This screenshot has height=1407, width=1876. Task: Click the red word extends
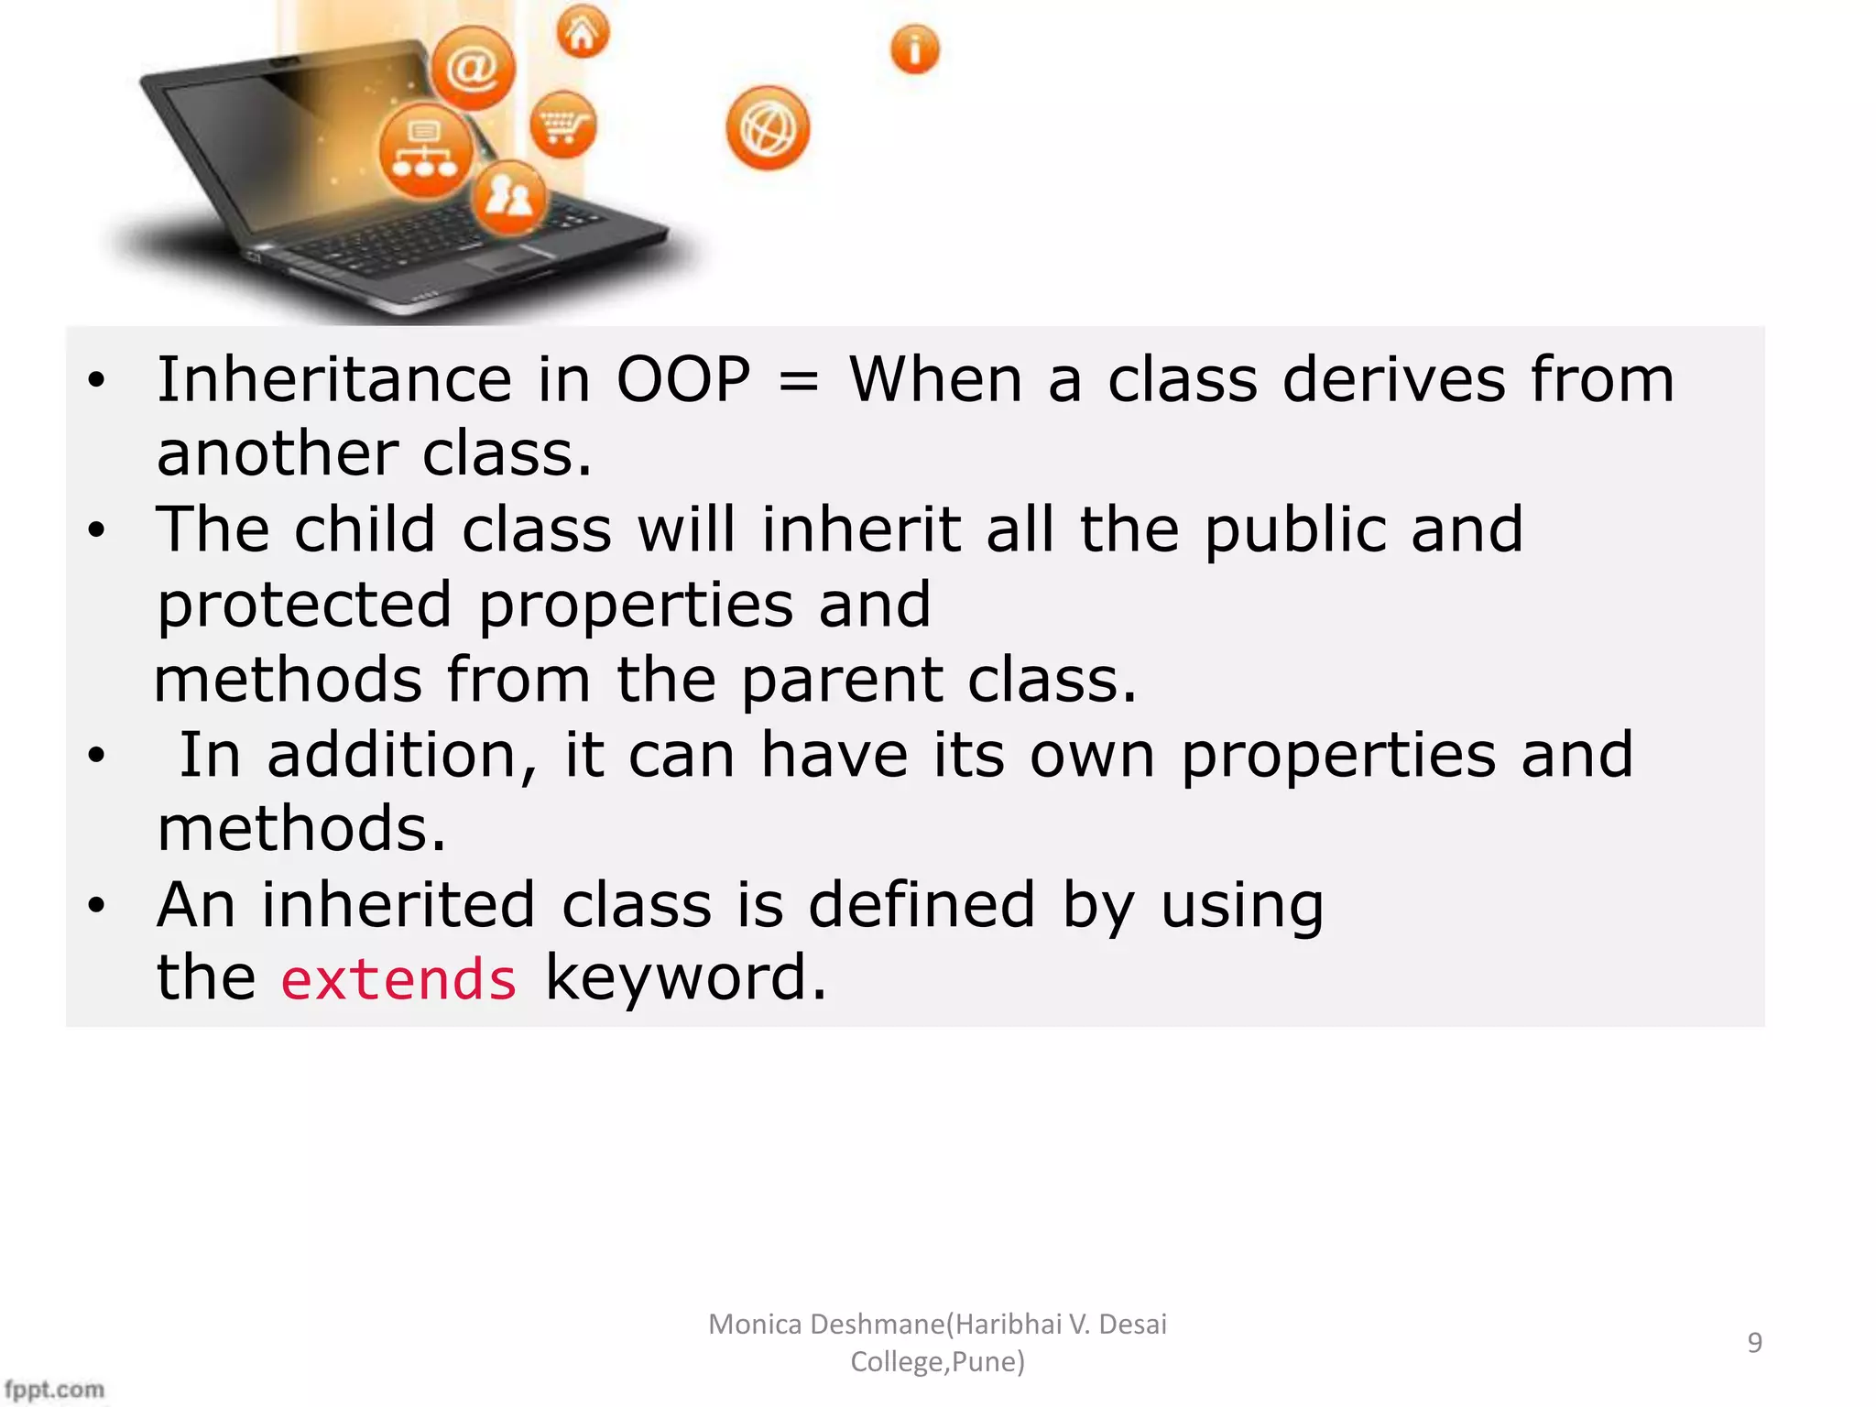point(398,979)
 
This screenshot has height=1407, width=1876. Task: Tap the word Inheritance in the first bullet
point(333,380)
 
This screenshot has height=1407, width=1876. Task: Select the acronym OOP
point(683,380)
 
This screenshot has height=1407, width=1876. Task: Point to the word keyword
point(685,978)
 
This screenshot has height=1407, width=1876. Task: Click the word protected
point(304,606)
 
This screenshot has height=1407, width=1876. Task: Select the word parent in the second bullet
point(841,682)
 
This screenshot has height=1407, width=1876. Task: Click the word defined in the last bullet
point(922,905)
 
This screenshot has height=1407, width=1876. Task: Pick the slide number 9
point(1754,1342)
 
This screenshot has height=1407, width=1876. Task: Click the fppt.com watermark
point(54,1390)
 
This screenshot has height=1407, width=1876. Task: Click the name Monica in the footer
point(755,1324)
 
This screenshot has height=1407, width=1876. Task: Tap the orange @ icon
point(473,69)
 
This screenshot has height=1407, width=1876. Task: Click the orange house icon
point(583,33)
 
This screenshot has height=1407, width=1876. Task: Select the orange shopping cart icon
point(562,125)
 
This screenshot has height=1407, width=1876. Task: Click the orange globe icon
point(768,128)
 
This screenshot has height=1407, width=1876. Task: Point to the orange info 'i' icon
point(914,49)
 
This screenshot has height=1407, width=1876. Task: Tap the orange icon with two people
point(508,197)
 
